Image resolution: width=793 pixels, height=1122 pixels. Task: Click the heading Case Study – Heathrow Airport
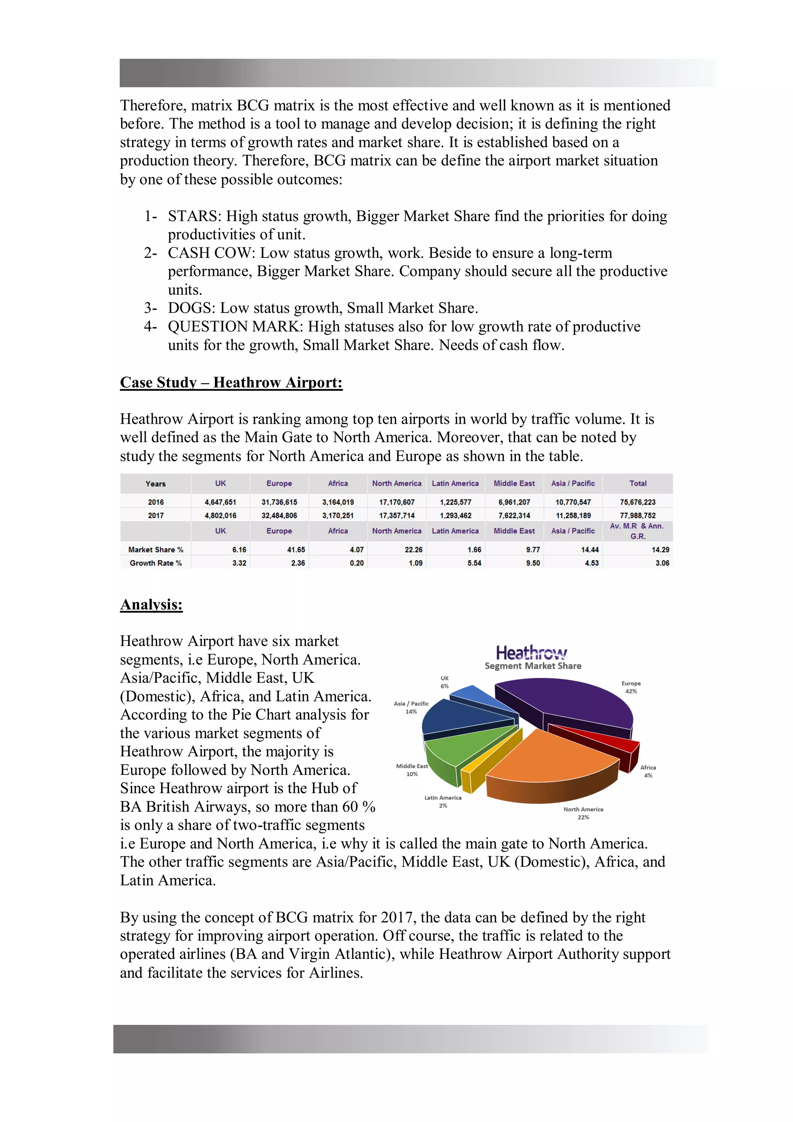pyautogui.click(x=231, y=382)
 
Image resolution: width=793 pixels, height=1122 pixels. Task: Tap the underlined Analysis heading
pyautogui.click(x=151, y=605)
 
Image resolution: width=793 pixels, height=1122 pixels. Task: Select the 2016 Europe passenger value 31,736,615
pyautogui.click(x=279, y=502)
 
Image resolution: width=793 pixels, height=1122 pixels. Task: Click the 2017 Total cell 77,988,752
pyautogui.click(x=638, y=515)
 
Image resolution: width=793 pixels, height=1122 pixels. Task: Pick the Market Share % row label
pyautogui.click(x=155, y=550)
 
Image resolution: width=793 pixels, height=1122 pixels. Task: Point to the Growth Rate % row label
pyautogui.click(x=155, y=563)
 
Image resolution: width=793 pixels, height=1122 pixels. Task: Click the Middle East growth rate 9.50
pyautogui.click(x=532, y=563)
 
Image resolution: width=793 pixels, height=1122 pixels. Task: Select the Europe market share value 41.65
pyautogui.click(x=296, y=550)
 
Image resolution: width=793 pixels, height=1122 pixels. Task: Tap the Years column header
pyautogui.click(x=155, y=484)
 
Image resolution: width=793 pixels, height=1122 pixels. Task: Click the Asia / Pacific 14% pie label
pyautogui.click(x=411, y=707)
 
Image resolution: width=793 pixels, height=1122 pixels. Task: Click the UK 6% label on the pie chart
pyautogui.click(x=445, y=682)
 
